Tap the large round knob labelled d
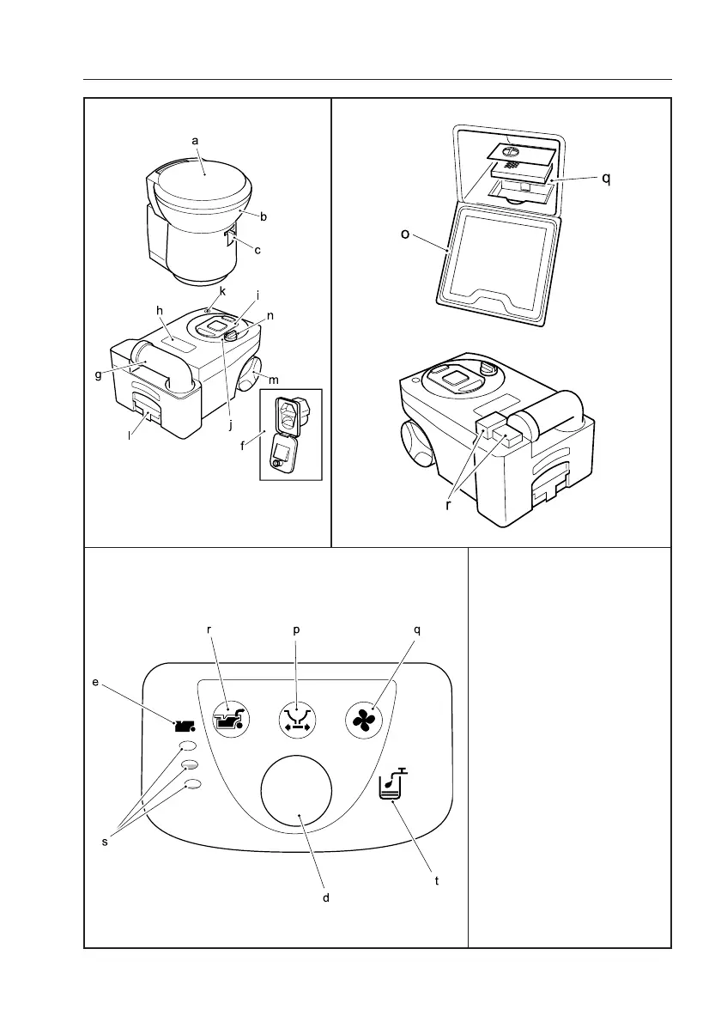(x=295, y=792)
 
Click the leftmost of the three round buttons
(x=228, y=720)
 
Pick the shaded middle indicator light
(x=191, y=764)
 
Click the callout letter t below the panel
(x=437, y=881)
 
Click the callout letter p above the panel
(x=297, y=629)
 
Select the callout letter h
(x=160, y=310)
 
